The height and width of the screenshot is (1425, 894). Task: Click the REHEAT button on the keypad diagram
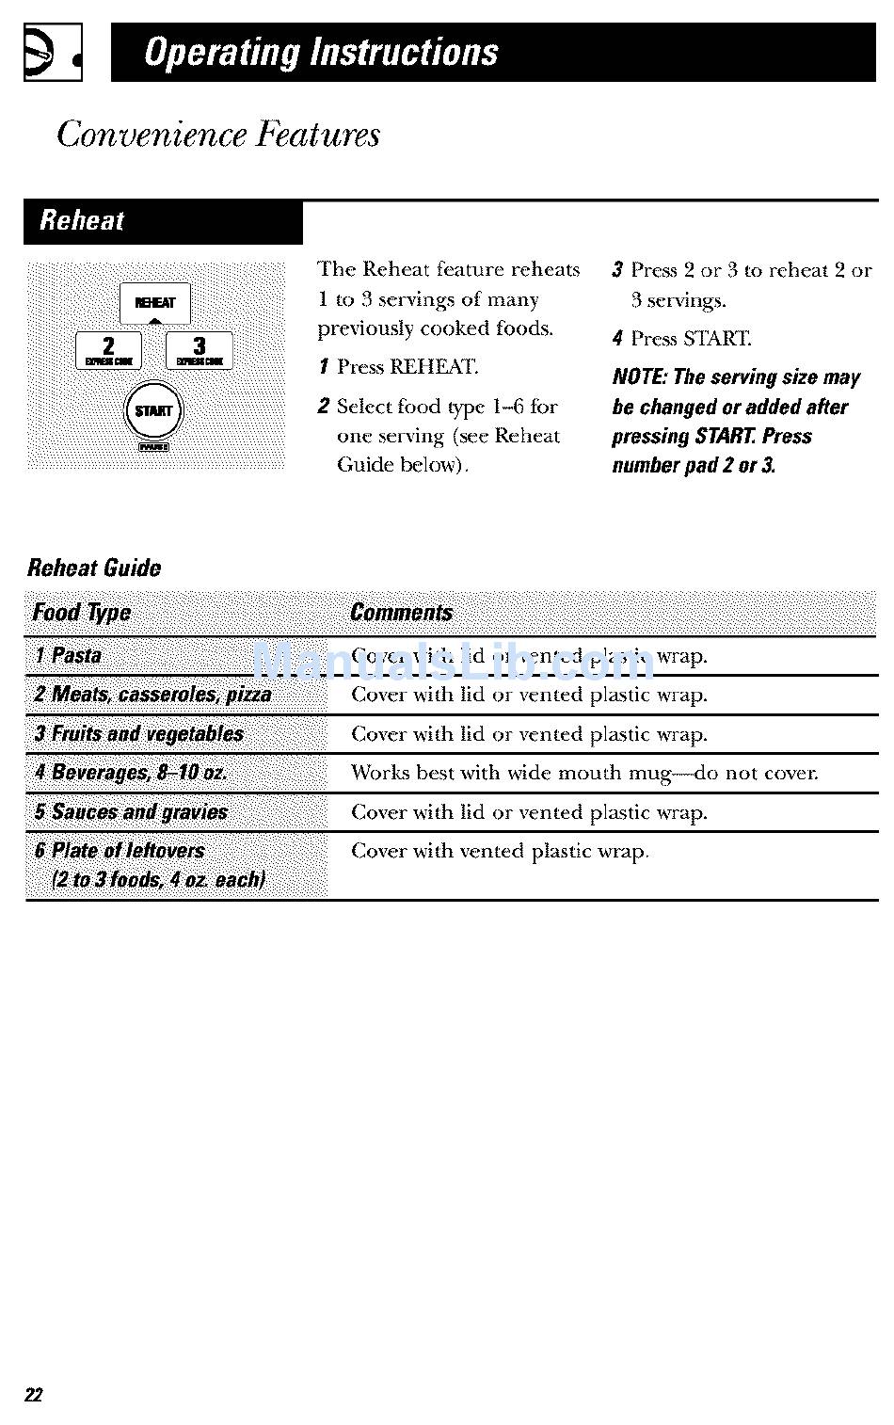tap(155, 303)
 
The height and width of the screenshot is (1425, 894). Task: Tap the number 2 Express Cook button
tap(108, 350)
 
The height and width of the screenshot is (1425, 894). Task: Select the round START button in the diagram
tap(153, 411)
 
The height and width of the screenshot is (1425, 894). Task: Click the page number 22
tap(34, 1395)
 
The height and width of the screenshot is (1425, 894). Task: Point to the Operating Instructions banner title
tap(321, 53)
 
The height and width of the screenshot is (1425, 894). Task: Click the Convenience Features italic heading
tap(218, 135)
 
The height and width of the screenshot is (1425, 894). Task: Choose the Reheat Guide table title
tap(94, 568)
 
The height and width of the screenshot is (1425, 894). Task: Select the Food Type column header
tap(82, 613)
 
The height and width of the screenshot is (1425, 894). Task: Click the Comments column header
tap(401, 613)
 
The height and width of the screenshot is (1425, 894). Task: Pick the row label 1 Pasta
tap(68, 656)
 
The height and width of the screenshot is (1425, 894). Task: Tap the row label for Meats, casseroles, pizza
tap(152, 695)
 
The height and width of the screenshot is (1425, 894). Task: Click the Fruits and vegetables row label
tap(138, 734)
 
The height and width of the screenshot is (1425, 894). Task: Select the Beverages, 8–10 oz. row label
tap(131, 773)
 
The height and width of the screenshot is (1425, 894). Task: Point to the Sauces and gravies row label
tap(131, 812)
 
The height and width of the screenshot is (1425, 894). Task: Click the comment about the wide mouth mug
tap(584, 774)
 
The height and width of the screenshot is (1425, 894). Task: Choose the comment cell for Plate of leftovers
tap(500, 852)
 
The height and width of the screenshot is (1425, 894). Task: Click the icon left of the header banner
tap(53, 53)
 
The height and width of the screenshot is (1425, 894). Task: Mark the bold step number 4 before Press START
tap(617, 339)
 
